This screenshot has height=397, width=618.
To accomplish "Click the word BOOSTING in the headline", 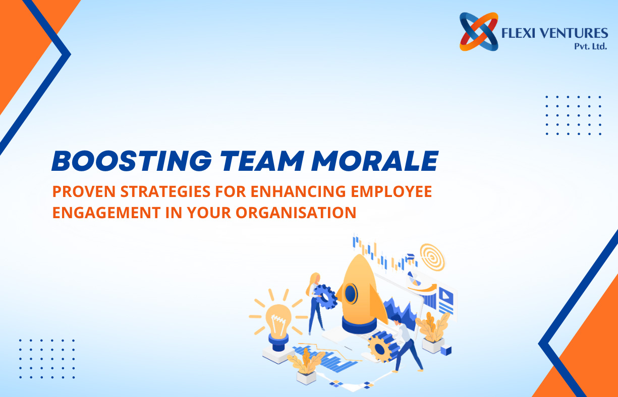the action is [132, 161].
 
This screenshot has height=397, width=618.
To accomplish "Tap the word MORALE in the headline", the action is [375, 161].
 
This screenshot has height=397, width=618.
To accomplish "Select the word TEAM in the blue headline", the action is [262, 161].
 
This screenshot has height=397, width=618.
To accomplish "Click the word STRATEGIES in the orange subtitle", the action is [165, 191].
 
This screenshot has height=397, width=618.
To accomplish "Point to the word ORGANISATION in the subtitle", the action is [296, 213].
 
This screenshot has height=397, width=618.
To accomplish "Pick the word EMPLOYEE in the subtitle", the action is [391, 191].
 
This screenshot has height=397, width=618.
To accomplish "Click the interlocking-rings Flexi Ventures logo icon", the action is [479, 32].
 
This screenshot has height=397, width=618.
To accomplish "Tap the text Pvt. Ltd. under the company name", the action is [591, 46].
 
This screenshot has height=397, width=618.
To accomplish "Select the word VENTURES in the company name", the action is [574, 33].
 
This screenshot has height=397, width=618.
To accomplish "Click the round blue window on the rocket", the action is [351, 294].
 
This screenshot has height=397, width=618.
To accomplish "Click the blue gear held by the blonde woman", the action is [325, 297].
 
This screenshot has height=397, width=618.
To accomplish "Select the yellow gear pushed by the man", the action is [380, 349].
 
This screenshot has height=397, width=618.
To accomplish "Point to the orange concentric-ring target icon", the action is [432, 257].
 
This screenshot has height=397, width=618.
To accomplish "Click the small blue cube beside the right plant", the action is [446, 350].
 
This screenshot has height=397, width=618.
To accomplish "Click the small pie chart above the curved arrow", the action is [414, 279].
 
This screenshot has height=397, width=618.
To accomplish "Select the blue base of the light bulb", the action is [278, 343].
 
